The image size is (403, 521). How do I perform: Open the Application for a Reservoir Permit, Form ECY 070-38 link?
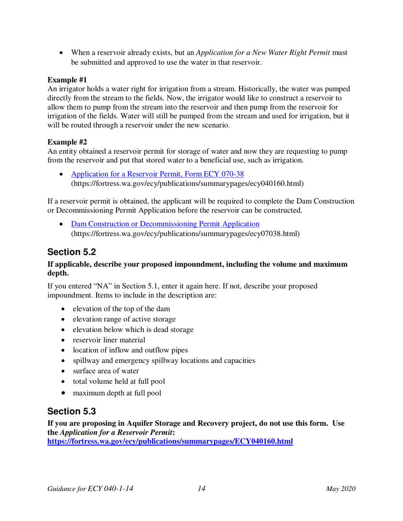click(x=157, y=174)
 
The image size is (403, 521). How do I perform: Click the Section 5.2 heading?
click(x=72, y=252)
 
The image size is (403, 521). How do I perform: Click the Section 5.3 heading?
click(x=72, y=411)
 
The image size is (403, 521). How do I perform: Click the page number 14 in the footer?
click(x=201, y=489)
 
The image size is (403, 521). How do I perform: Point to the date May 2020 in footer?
click(x=341, y=489)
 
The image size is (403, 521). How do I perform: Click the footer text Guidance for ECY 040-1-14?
click(x=91, y=489)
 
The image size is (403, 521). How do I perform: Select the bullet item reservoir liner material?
click(x=109, y=340)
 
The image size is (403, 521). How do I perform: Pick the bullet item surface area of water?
click(x=106, y=371)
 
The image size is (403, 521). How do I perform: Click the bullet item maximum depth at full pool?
click(x=117, y=393)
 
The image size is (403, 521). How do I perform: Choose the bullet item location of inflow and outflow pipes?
click(x=131, y=350)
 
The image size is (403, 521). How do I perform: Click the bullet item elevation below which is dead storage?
click(x=133, y=329)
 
